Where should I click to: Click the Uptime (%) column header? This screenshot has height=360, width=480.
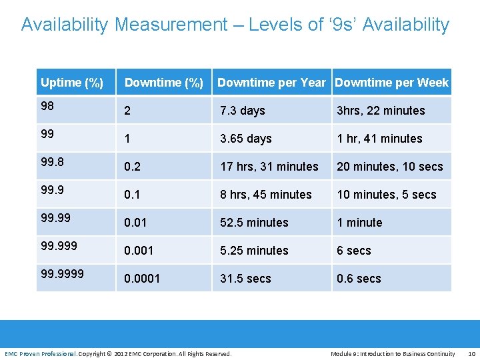tap(72, 83)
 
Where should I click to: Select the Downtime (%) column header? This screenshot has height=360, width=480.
tap(164, 83)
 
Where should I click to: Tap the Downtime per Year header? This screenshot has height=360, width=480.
tap(271, 83)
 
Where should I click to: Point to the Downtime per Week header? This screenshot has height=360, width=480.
tap(392, 83)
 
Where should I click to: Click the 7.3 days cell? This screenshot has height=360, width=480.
tap(243, 111)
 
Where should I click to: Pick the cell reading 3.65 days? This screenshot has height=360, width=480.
tap(246, 139)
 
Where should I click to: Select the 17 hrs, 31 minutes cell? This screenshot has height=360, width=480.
tap(269, 167)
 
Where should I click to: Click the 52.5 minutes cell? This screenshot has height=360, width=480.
tap(254, 223)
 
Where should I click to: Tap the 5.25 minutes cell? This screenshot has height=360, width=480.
tap(254, 251)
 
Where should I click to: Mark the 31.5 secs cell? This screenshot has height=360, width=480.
tap(245, 279)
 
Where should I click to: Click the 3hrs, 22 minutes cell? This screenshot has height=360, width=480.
tap(381, 111)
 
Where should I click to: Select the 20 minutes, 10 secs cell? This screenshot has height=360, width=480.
tap(390, 167)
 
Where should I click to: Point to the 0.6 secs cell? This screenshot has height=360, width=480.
tap(359, 279)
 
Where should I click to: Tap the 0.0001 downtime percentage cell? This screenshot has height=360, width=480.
tap(142, 279)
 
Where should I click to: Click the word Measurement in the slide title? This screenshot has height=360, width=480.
tap(171, 25)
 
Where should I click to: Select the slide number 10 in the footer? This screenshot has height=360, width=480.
tap(471, 353)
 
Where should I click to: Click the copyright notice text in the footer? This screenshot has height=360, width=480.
tap(155, 353)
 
